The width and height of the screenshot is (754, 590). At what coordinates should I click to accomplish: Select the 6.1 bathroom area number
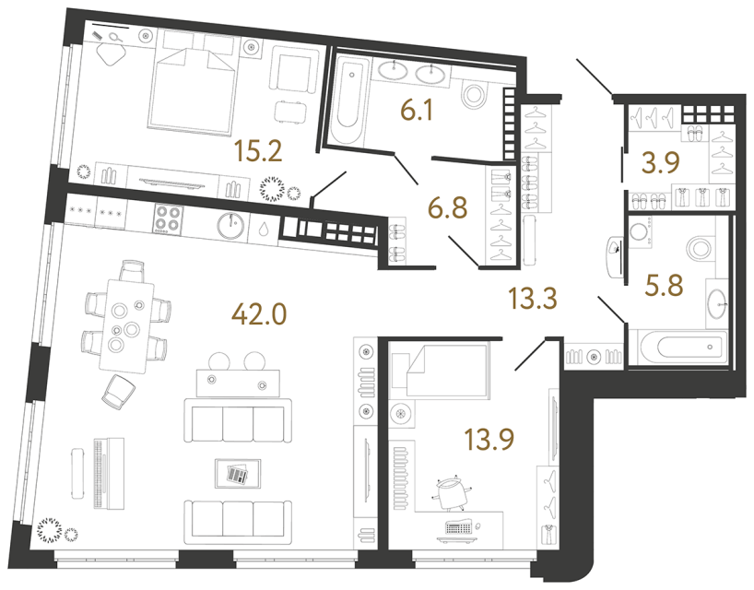coord(417,112)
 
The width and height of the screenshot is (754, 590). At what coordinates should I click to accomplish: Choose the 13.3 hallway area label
coord(534,298)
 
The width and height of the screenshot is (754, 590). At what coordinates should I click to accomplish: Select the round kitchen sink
coord(230,222)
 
